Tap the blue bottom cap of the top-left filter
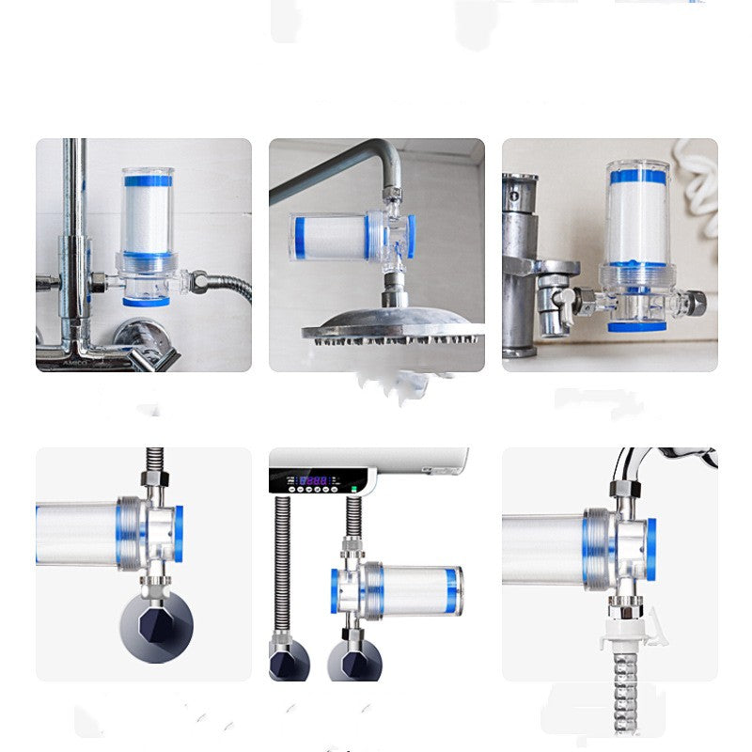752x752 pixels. pos(146,300)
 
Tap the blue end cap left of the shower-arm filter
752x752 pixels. pos(298,236)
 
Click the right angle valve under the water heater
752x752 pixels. pos(353,658)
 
